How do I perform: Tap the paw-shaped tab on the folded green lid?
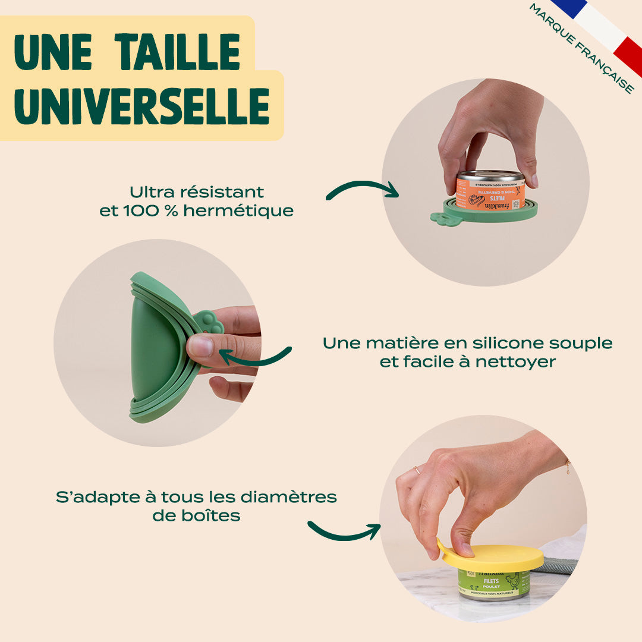tap(208, 323)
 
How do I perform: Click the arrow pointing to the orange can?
tap(362, 189)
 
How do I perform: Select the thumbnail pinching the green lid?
tap(200, 346)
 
